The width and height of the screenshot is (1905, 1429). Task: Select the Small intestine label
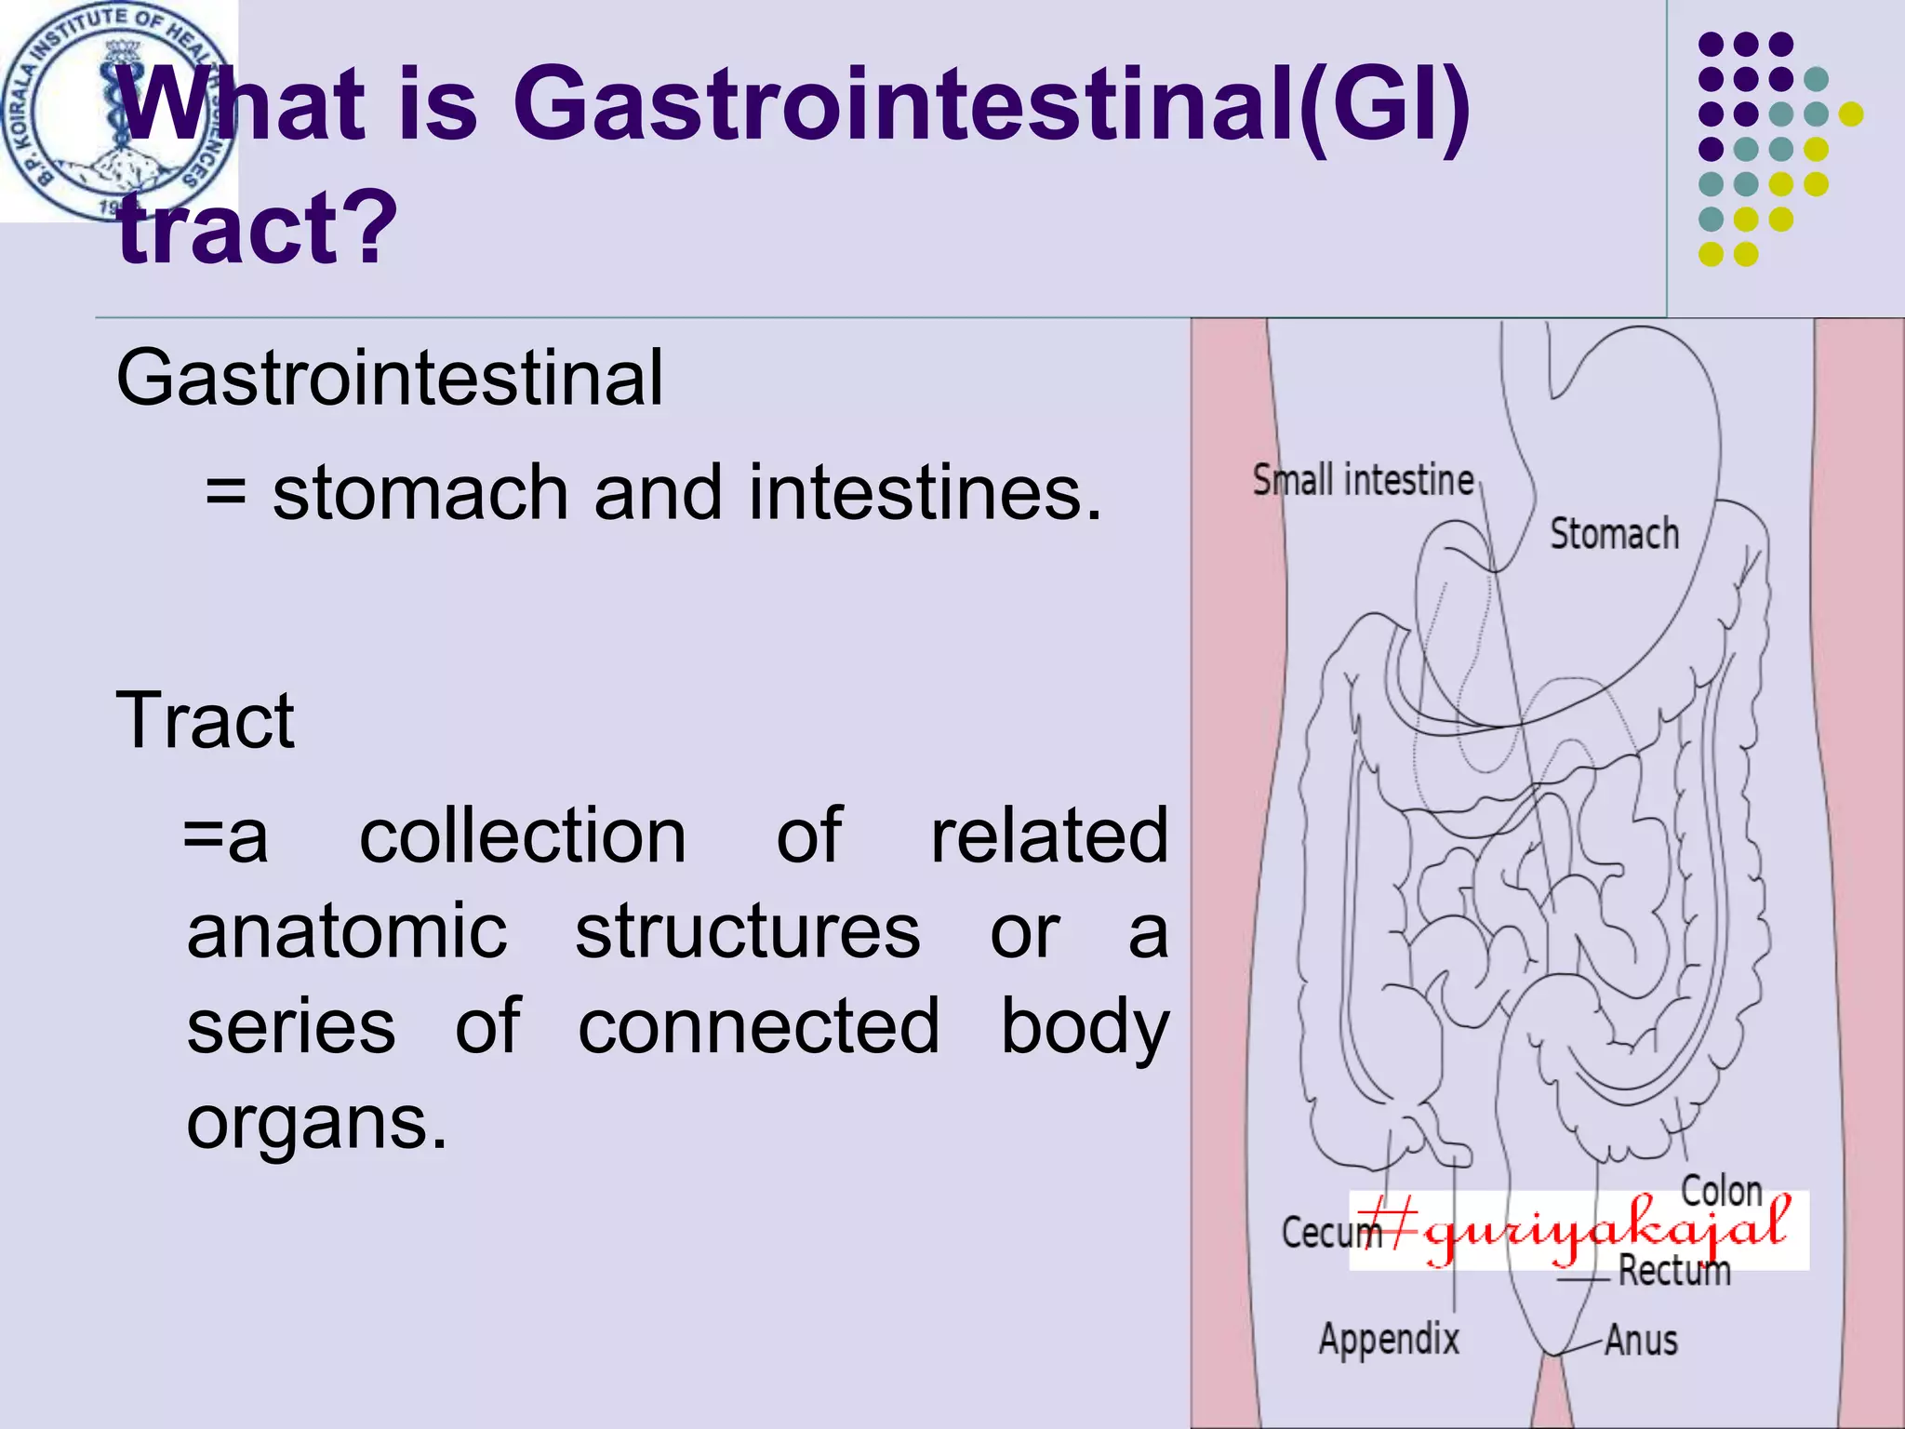pyautogui.click(x=1362, y=481)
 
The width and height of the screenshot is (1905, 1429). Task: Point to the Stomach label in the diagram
pyautogui.click(x=1614, y=535)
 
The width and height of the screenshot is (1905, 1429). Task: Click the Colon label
pyautogui.click(x=1721, y=1190)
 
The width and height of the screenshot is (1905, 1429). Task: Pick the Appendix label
pyautogui.click(x=1389, y=1339)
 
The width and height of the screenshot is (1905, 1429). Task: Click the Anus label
pyautogui.click(x=1641, y=1341)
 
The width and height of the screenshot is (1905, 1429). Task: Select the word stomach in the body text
pyautogui.click(x=420, y=493)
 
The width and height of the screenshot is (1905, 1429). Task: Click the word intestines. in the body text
pyautogui.click(x=925, y=493)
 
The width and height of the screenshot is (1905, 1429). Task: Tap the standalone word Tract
pyautogui.click(x=206, y=720)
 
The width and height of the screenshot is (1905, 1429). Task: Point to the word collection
pyautogui.click(x=523, y=836)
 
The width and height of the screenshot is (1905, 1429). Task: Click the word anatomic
pyautogui.click(x=347, y=932)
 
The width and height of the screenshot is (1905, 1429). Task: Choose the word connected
pyautogui.click(x=758, y=1027)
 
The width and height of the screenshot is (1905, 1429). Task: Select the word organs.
pyautogui.click(x=316, y=1123)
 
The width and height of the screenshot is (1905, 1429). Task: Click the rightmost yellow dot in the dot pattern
pyautogui.click(x=1851, y=114)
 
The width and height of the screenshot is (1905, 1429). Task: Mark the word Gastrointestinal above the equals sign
pyautogui.click(x=390, y=378)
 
